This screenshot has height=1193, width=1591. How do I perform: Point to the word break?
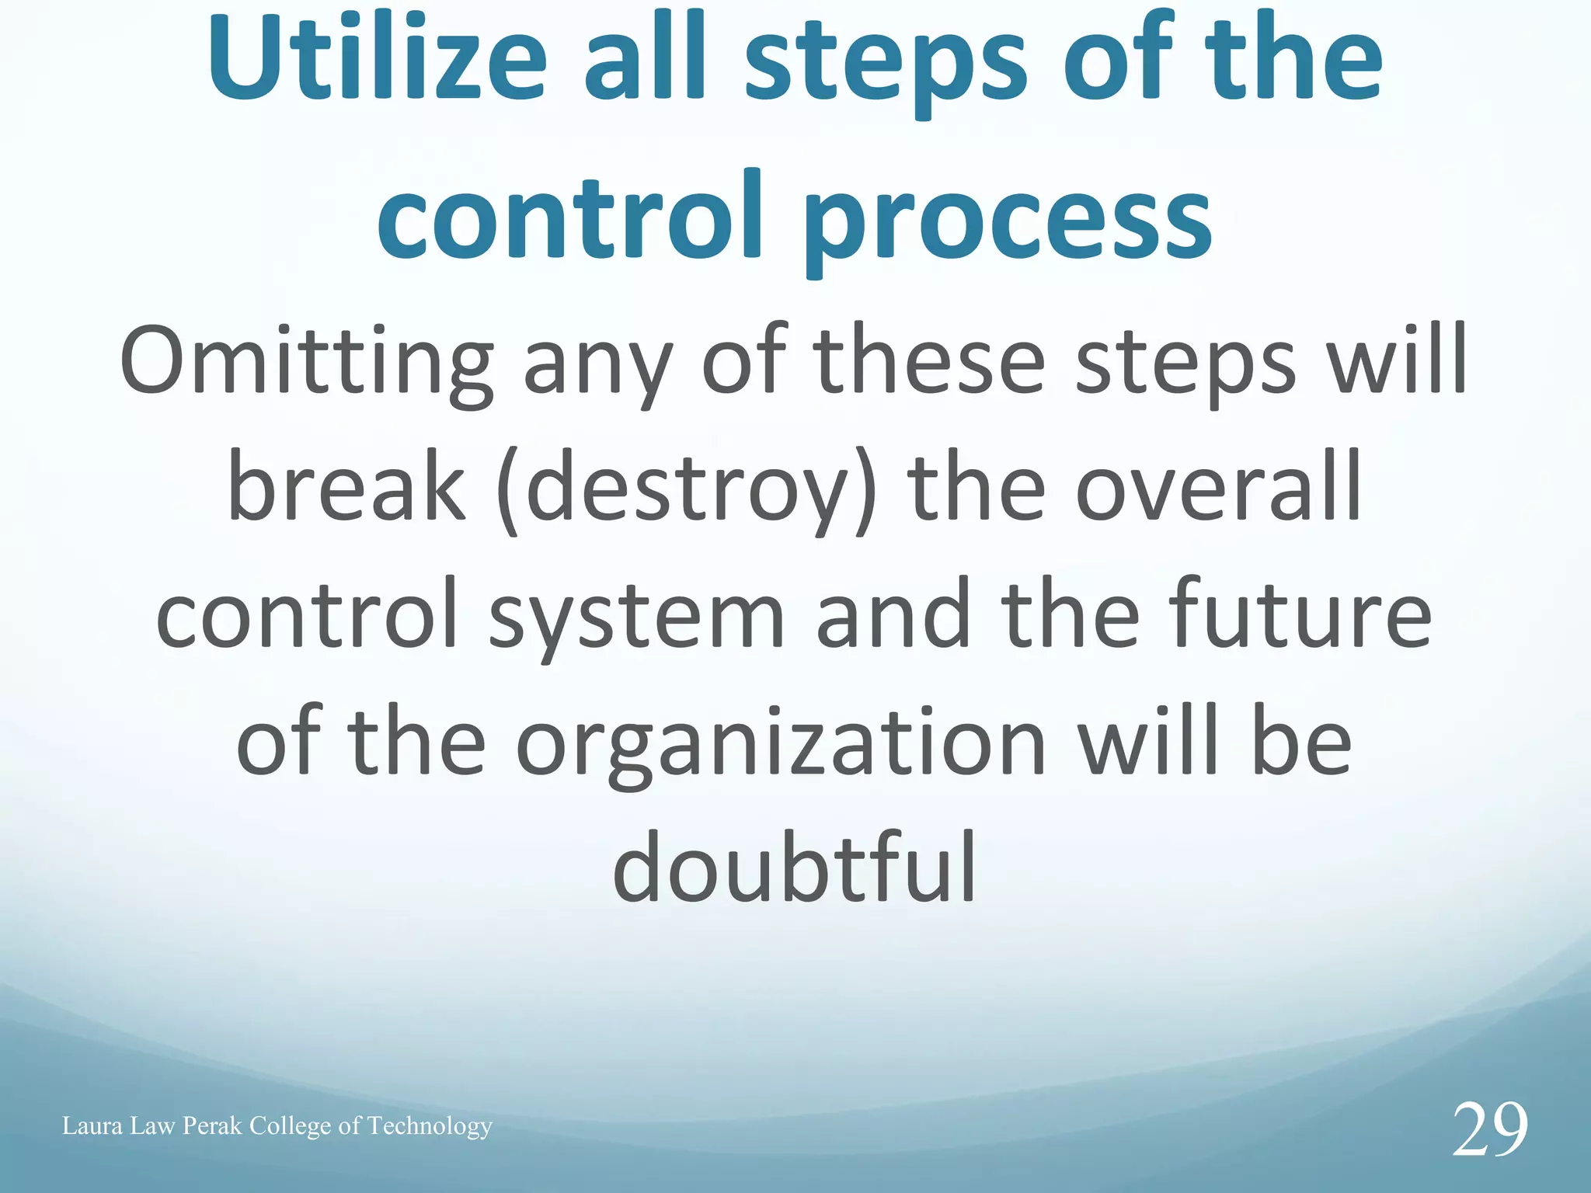(x=346, y=489)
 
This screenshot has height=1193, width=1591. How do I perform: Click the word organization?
(x=781, y=746)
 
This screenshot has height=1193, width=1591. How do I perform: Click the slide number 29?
(x=1489, y=1130)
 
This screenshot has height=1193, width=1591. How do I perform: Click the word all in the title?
(x=644, y=58)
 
